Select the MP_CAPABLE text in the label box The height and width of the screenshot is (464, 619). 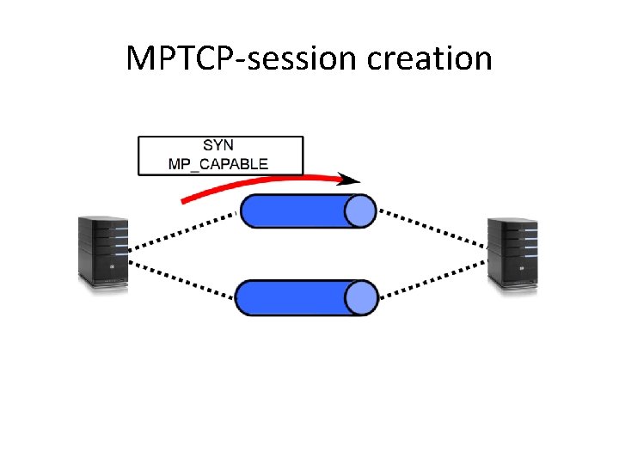218,163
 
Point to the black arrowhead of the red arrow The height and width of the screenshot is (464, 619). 349,180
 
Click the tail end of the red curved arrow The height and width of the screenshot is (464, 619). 186,201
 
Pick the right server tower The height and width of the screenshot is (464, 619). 512,254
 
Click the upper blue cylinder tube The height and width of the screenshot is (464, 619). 297,211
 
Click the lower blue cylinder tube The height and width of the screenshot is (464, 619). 297,297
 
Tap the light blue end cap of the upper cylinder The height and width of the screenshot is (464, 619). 361,211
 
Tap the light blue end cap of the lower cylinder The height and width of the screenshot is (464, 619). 361,297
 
